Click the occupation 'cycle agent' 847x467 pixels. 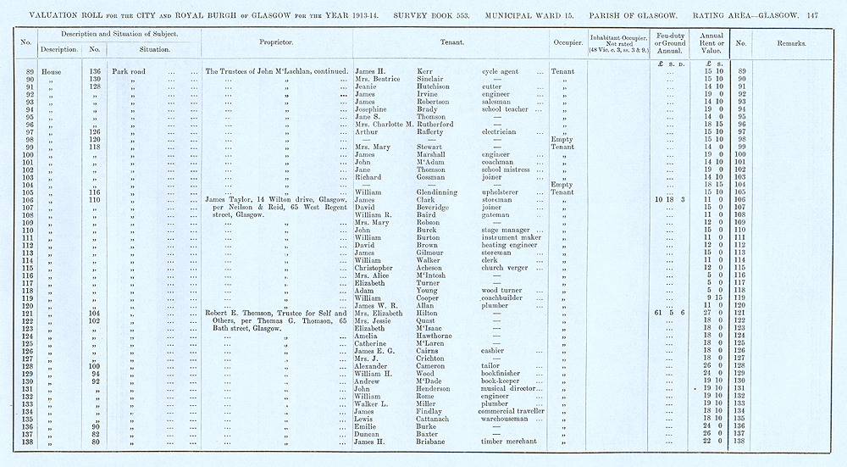click(x=507, y=72)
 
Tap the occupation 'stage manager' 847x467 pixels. click(x=510, y=230)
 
